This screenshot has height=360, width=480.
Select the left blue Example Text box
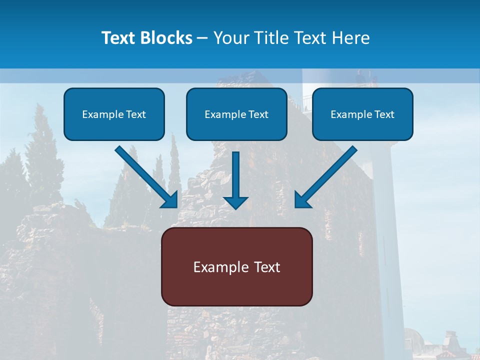pos(114,114)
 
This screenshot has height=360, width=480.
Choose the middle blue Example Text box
pos(236,114)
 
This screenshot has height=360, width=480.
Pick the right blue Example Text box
pos(362,114)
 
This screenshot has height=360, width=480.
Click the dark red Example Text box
pos(236,266)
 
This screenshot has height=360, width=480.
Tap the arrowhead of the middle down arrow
pos(235,201)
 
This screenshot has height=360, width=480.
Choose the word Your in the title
pos(231,38)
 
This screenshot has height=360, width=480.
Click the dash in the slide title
pos(202,38)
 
